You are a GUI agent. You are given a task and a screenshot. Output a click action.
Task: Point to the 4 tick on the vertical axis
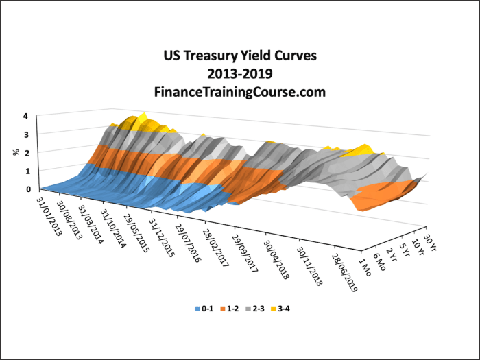(25, 116)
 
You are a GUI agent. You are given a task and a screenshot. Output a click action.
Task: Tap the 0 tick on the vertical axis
(28, 189)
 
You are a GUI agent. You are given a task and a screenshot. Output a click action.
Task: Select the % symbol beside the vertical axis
(15, 152)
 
